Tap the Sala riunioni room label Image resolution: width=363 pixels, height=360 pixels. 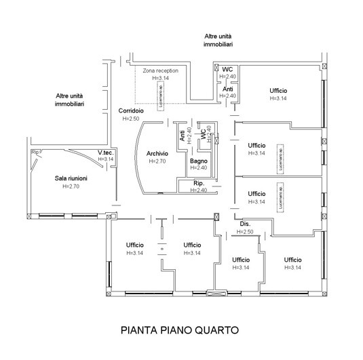[71, 178]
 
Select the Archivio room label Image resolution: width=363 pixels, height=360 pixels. [157, 154]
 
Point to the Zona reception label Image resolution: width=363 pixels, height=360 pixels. [160, 71]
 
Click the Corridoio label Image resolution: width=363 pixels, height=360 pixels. [130, 111]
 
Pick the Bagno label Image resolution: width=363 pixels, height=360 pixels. [198, 160]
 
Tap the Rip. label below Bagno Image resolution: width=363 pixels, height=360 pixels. [199, 183]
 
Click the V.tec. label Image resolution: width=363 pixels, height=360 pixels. [105, 152]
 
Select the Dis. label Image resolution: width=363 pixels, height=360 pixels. [245, 224]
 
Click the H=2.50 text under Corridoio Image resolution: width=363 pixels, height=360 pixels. [130, 119]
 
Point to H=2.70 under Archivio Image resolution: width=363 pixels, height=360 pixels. [157, 161]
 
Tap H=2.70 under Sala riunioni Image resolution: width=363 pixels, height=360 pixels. [71, 186]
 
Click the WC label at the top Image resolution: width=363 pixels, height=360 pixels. [227, 69]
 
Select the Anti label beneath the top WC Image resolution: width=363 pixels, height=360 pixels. [229, 89]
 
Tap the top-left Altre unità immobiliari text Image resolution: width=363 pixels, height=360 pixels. [70, 101]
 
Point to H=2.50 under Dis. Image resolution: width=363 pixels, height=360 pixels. [245, 233]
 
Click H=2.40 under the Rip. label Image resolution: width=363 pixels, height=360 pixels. [199, 191]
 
